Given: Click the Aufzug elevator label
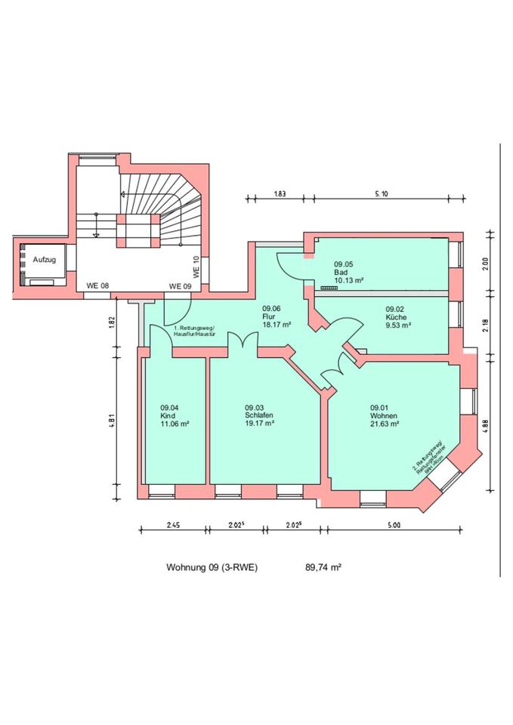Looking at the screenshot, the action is point(45,259).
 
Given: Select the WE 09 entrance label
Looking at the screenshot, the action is point(180,286).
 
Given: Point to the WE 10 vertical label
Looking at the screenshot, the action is point(196,268).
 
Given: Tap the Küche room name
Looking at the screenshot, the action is point(397,318).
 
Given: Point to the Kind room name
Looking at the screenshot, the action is point(167,416).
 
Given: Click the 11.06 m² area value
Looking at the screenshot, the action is point(175,424).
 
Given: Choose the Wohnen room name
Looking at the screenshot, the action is point(383,415).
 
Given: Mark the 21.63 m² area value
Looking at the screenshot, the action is point(385,424).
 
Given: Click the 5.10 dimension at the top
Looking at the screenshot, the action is point(382,194).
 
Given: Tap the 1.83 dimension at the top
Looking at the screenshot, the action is point(280,194).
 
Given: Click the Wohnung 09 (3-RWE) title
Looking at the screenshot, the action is point(212,566).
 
